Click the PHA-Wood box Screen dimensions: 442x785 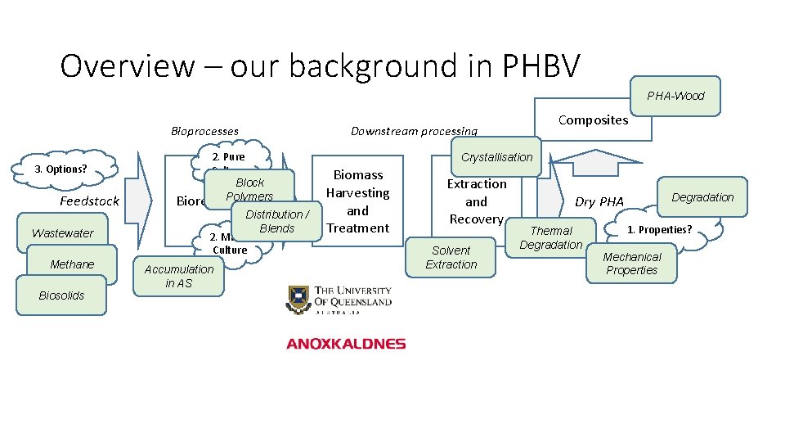point(675,95)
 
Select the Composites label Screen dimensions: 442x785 point(593,120)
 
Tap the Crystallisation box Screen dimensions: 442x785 point(496,157)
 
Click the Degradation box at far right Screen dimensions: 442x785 point(702,197)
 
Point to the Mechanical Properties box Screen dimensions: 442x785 point(631,264)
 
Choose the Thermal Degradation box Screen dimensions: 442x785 point(551,238)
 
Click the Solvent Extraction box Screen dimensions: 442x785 point(451,258)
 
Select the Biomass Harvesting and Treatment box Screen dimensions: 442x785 point(357,201)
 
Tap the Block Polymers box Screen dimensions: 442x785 point(249,189)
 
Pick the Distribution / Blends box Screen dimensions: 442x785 point(276,221)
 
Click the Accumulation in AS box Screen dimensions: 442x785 point(178,276)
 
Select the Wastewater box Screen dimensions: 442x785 point(62,233)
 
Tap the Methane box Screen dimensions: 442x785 point(72,264)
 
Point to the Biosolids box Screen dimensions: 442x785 point(61,295)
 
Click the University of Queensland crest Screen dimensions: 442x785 point(298,300)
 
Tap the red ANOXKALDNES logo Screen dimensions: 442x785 point(346,344)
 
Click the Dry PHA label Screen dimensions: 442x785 point(599,201)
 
